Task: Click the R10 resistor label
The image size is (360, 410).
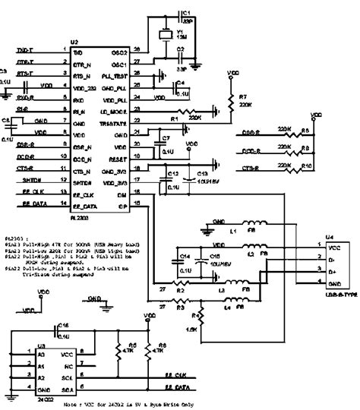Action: coord(305,165)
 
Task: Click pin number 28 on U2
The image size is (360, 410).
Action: coord(137,51)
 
